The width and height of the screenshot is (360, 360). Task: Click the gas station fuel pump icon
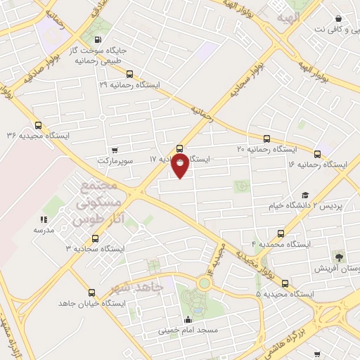pos(96,39)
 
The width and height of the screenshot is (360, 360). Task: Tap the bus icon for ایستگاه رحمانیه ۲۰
pos(266,139)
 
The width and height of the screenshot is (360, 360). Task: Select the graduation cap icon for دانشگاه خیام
pos(304,195)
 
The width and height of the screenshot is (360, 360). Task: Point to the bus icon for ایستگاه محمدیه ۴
pos(281,233)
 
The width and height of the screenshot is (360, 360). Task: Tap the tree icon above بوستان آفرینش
pos(338,257)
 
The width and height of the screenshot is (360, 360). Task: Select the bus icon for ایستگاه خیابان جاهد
pos(91,292)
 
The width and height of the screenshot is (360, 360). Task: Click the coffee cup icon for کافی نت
pos(339,18)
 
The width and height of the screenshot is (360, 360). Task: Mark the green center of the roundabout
pos(205,283)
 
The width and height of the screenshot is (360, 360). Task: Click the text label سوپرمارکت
pos(115,160)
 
